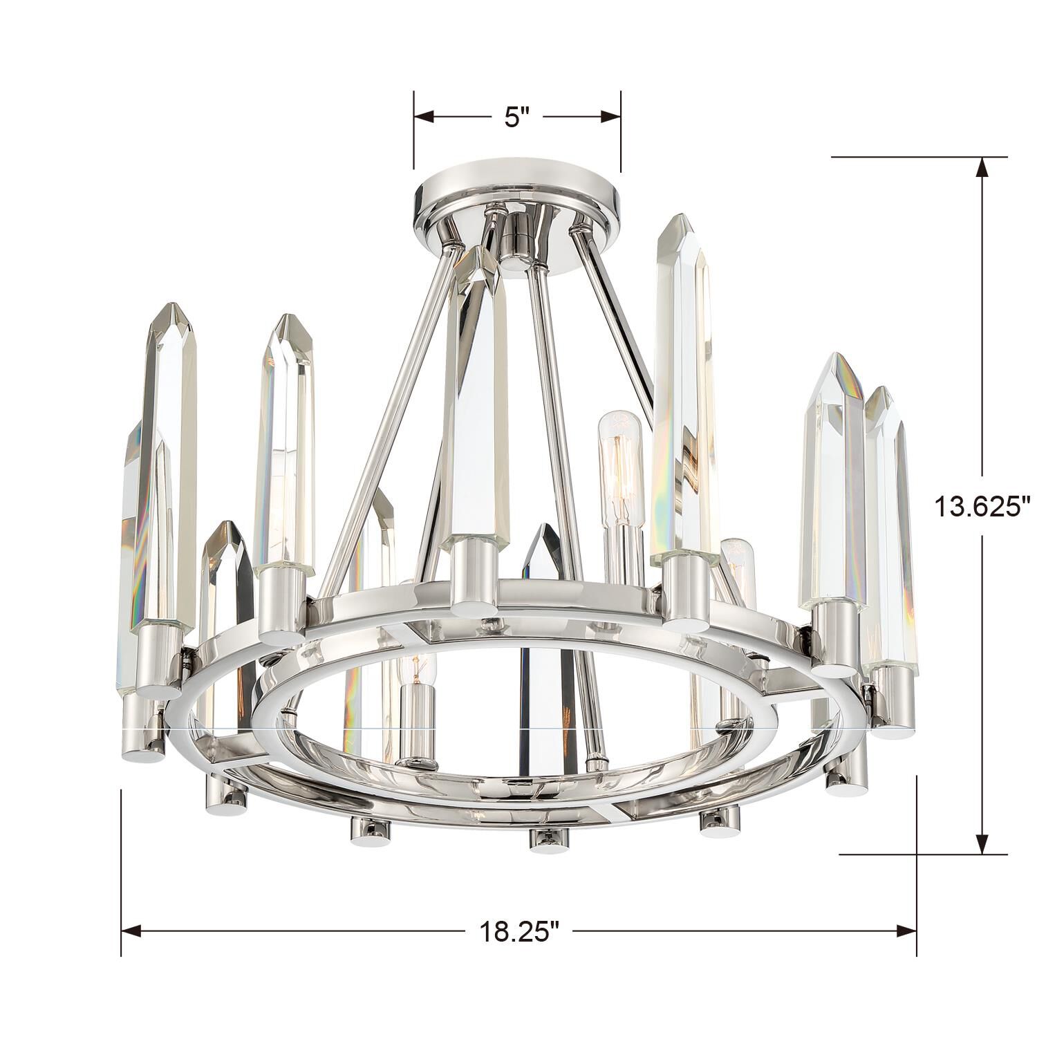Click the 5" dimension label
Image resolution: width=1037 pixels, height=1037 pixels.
tap(516, 118)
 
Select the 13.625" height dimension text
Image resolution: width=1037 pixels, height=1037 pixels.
tap(982, 507)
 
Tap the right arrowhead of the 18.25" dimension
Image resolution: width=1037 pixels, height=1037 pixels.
tap(906, 931)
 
